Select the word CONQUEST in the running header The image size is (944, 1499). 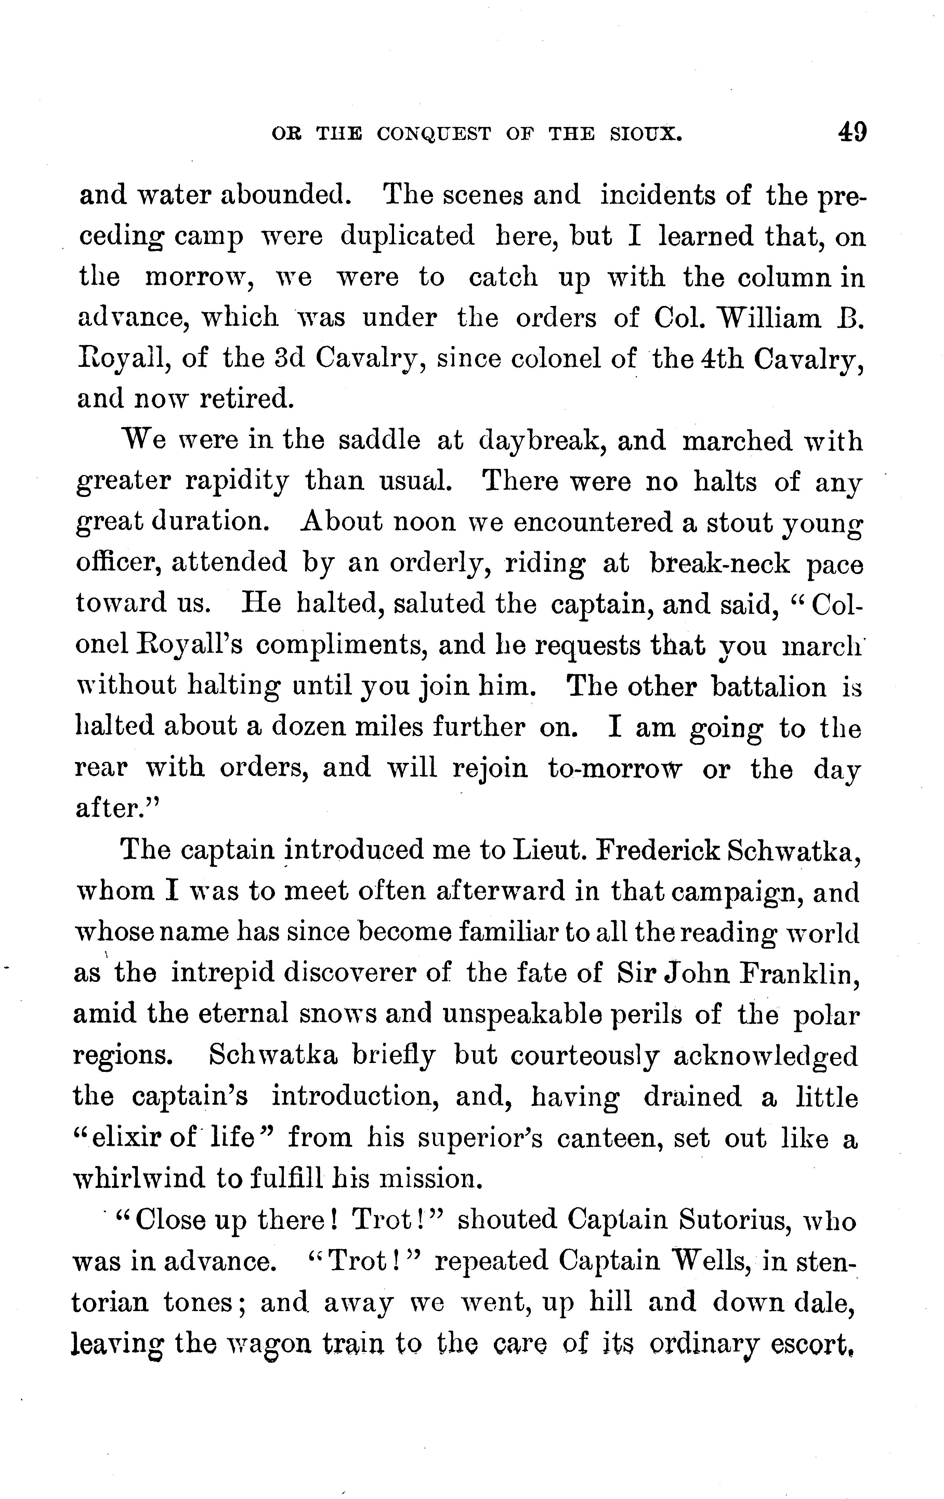click(x=434, y=134)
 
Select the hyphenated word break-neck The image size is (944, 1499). click(x=720, y=563)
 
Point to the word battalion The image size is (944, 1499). click(x=769, y=686)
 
